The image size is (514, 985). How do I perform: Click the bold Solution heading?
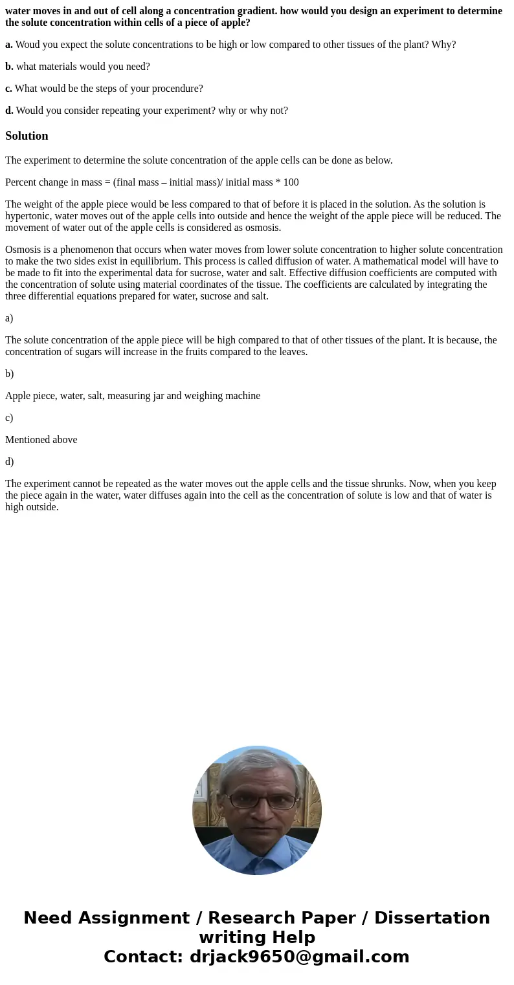coord(27,136)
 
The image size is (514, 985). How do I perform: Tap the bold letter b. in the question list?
coord(9,67)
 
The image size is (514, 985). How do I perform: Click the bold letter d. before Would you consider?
coord(9,111)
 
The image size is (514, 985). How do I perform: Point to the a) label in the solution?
coord(9,318)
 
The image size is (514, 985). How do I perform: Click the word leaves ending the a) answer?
coord(291,352)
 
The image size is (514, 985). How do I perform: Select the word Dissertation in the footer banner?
coord(432,918)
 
